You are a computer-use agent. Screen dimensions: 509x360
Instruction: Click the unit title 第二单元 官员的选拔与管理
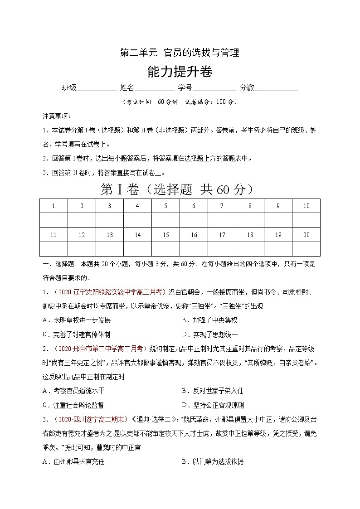point(179,53)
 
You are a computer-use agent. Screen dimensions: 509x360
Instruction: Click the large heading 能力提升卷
point(180,72)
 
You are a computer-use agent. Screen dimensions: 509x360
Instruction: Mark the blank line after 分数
point(276,88)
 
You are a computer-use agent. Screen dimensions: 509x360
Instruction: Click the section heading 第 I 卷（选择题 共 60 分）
point(176,189)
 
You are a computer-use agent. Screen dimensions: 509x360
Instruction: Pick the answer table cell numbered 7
point(222,206)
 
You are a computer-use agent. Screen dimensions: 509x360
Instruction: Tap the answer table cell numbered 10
point(306,206)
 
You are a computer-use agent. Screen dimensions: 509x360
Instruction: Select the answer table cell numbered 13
point(110,235)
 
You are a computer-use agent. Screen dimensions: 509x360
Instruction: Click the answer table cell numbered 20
point(306,235)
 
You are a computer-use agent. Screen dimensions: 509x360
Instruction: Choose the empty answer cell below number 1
point(54,220)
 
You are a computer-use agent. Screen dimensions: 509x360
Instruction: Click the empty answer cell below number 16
point(194,249)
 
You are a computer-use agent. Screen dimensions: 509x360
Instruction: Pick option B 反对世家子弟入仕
point(212,391)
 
